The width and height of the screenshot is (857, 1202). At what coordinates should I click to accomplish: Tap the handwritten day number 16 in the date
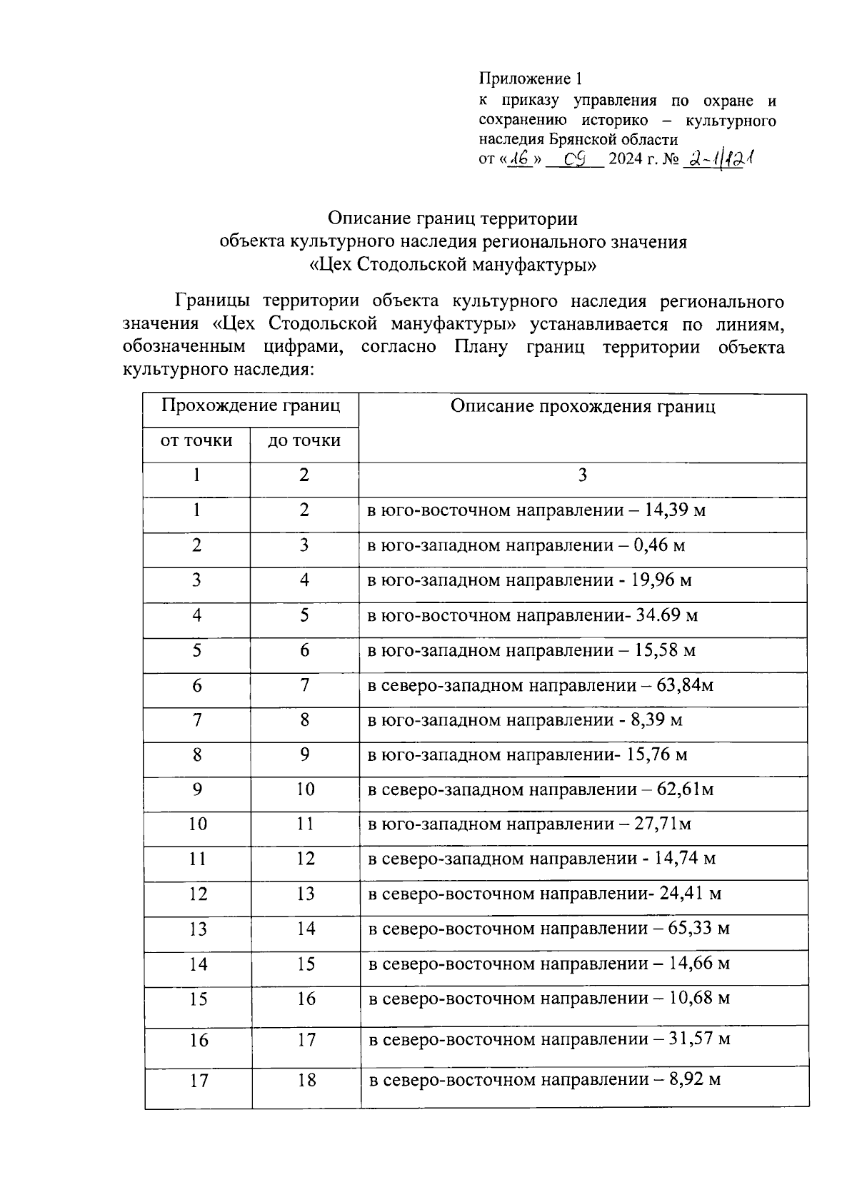(x=519, y=159)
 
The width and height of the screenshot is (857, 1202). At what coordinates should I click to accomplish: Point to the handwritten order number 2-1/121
(x=718, y=159)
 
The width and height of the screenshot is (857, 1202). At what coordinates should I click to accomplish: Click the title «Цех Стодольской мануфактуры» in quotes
(x=453, y=265)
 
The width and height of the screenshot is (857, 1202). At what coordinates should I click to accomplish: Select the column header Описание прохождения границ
(x=583, y=407)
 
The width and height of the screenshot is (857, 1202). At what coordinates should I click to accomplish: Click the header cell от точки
(x=196, y=440)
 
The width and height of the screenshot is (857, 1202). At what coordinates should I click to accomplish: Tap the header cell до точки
(x=304, y=440)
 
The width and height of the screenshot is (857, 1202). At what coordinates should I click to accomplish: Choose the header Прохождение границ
(x=250, y=406)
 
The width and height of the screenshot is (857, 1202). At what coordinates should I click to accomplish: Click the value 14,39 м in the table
(x=675, y=510)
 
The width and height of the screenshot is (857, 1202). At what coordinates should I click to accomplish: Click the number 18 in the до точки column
(x=306, y=1080)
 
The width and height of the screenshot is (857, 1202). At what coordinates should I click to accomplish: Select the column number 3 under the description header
(x=583, y=475)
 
